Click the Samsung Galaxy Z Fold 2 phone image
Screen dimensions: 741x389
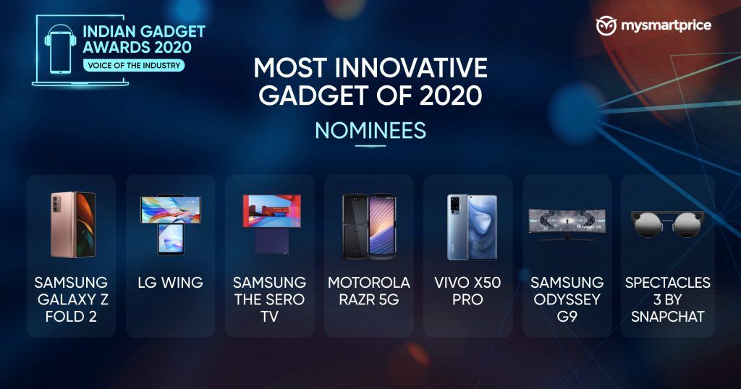click(73, 225)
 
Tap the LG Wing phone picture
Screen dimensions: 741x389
click(171, 224)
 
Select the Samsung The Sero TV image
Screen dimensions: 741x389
click(271, 224)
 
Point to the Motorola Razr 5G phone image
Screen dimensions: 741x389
click(369, 226)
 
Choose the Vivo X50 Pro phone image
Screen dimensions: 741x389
click(472, 227)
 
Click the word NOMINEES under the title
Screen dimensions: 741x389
click(370, 131)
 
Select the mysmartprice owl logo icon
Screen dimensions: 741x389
click(606, 25)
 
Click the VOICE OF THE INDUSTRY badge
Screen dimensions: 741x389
click(134, 66)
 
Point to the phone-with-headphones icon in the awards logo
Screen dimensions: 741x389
click(61, 50)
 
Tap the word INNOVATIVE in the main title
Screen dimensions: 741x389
click(411, 68)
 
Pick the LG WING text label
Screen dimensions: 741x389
click(170, 282)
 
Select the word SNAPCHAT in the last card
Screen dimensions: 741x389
click(668, 316)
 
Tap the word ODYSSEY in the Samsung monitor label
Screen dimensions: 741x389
click(567, 299)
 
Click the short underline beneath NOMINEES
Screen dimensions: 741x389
click(370, 146)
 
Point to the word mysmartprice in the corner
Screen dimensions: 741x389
click(666, 25)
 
